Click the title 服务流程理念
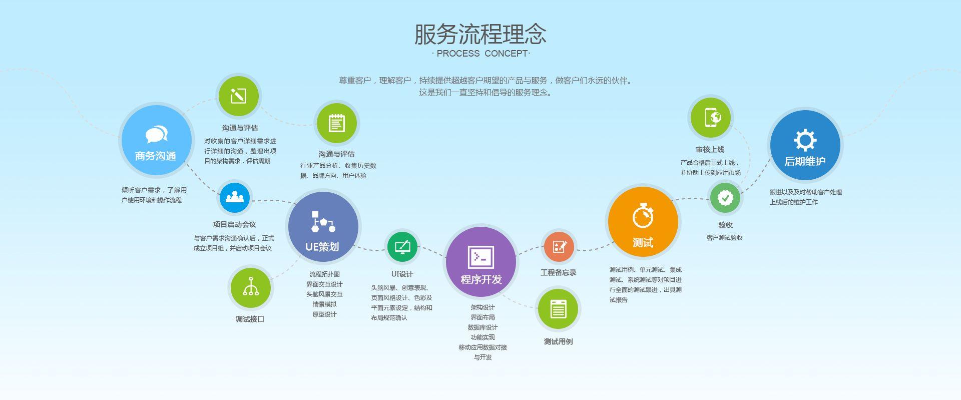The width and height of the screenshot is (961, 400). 480,34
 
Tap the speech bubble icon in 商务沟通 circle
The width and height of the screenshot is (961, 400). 157,135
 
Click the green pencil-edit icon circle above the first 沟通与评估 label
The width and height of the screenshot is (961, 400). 238,96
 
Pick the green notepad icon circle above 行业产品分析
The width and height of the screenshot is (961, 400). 336,123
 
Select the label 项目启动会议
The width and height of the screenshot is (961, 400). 234,224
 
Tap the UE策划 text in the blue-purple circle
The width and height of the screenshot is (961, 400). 322,247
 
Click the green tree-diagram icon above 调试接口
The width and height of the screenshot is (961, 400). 250,288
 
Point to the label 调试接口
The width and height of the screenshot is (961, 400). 250,319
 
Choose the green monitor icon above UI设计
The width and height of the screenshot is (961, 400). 402,246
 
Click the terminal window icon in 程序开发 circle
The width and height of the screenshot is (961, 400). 481,257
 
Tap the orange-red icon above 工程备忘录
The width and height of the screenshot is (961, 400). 559,246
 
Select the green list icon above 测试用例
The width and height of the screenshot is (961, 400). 558,309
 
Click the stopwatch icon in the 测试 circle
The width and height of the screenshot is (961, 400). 643,215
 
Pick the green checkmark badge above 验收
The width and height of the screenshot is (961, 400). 725,198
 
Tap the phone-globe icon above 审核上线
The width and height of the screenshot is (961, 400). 711,118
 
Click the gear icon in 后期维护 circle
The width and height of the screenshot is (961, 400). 805,140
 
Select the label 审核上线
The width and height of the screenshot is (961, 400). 710,149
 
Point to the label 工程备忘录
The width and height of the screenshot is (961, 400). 559,272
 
